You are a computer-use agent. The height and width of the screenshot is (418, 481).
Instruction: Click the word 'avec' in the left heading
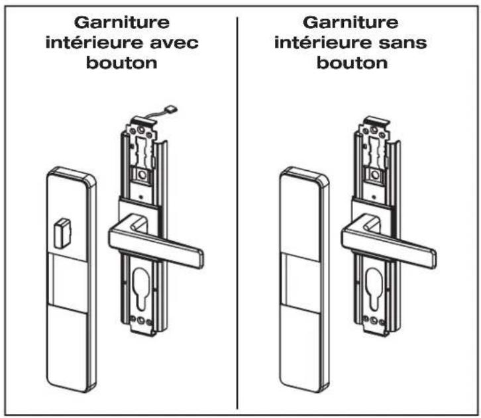[x=174, y=42]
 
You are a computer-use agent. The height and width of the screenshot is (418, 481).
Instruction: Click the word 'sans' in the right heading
[x=403, y=42]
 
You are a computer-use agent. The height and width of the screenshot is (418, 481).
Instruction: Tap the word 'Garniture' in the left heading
[x=122, y=23]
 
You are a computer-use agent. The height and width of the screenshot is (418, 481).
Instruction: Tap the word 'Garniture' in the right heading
[x=350, y=23]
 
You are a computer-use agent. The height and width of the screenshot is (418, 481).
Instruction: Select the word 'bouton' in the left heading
[x=122, y=63]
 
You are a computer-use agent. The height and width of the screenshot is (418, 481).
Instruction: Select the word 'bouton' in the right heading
[x=352, y=63]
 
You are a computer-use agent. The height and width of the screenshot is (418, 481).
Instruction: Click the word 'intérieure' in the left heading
[x=95, y=42]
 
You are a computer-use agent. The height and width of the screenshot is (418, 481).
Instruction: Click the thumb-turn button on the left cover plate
[x=62, y=233]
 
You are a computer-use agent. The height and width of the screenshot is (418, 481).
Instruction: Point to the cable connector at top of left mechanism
[x=171, y=109]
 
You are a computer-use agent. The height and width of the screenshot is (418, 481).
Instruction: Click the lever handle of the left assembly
[x=155, y=241]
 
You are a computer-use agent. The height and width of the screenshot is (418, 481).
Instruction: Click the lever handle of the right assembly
[x=388, y=241]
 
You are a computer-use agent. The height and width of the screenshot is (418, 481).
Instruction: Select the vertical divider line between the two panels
[x=237, y=213]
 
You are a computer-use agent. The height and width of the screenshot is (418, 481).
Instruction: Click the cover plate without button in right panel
[x=304, y=280]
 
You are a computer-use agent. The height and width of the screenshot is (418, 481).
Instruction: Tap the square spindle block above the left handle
[x=142, y=176]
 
